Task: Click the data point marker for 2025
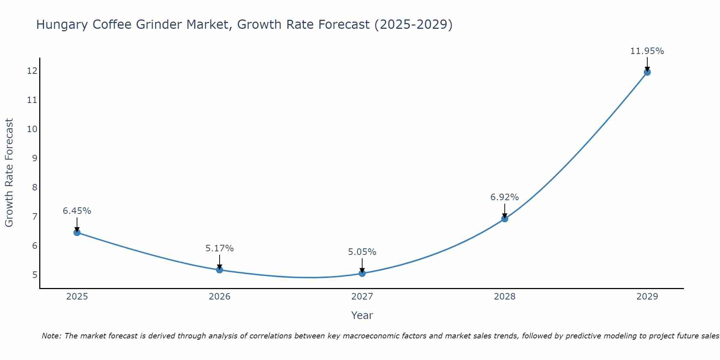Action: [77, 233]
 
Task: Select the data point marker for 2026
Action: [220, 270]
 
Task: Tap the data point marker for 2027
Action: [362, 273]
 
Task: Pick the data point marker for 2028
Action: [505, 219]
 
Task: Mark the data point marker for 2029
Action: [647, 72]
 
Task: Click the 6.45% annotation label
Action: [77, 211]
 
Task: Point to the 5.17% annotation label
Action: [220, 248]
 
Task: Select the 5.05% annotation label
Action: [362, 252]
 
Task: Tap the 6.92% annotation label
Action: [505, 197]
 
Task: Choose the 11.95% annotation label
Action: [647, 51]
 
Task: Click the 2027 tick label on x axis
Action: [362, 297]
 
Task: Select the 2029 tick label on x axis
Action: [647, 297]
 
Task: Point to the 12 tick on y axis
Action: [32, 71]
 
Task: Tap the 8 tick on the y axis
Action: [35, 187]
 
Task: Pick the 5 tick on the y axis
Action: [35, 275]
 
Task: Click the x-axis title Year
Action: [362, 315]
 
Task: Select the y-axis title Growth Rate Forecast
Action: [9, 173]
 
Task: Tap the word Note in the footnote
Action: [51, 336]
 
